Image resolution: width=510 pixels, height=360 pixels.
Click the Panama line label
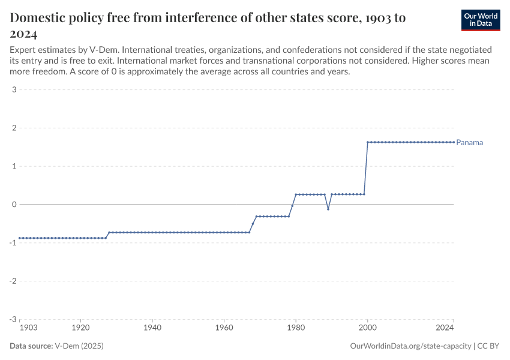coord(469,143)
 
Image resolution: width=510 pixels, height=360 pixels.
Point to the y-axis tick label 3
coord(13,90)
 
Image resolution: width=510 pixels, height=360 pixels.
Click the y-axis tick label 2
coord(13,128)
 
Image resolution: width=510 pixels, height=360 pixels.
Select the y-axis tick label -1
coord(12,243)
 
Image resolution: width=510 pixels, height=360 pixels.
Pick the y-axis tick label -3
coord(12,319)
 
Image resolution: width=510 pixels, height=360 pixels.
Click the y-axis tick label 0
coord(13,205)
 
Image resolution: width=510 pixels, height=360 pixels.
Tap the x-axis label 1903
coord(28,329)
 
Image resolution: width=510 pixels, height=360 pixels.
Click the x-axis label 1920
coord(81,329)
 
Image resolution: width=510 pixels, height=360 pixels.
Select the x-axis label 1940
coord(152,329)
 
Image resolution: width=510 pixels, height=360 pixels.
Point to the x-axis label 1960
coord(224,329)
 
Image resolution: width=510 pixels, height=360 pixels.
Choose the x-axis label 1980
coord(295,329)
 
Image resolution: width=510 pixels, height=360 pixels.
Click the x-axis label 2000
coord(367,329)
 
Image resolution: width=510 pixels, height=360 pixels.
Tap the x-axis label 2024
coord(445,329)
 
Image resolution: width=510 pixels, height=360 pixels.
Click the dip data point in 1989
coord(328,209)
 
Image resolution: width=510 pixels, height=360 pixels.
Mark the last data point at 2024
coord(453,142)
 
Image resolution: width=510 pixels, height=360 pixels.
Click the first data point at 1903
coord(20,238)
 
